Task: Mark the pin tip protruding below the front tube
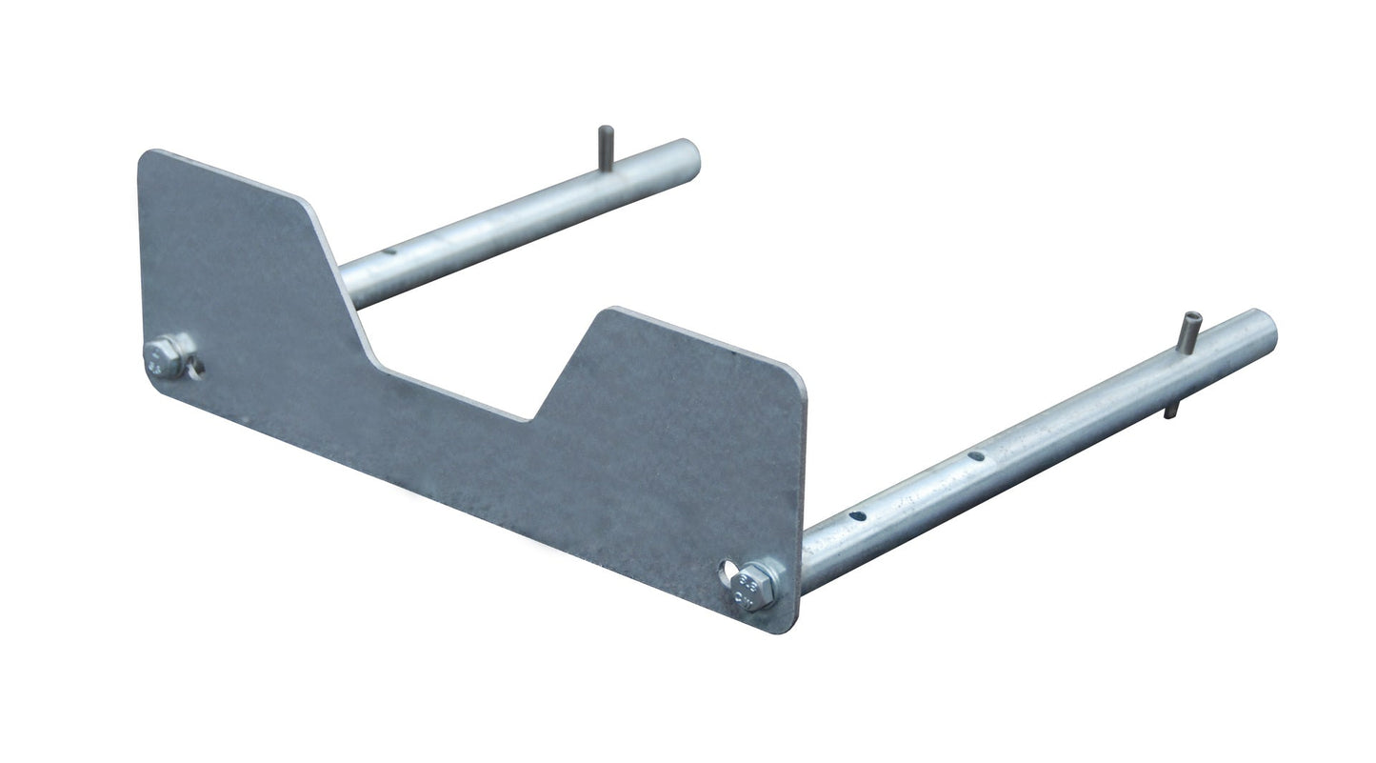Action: point(1169,410)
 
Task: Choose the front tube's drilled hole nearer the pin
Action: point(976,456)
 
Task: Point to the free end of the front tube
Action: point(1266,331)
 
